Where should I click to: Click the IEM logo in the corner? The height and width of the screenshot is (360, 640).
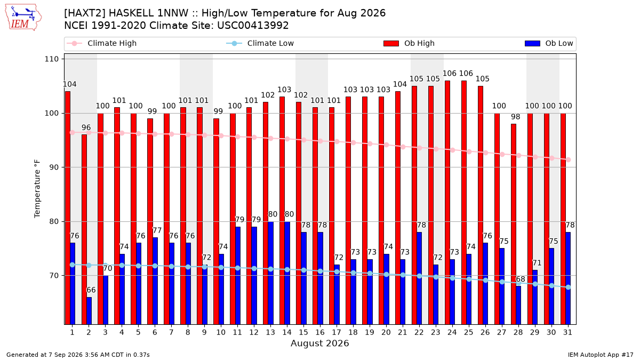pos(23,18)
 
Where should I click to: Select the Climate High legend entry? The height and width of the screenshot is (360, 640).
pos(101,43)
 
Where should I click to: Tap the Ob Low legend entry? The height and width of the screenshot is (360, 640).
pos(549,43)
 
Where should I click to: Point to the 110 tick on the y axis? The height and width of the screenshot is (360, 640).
pos(51,59)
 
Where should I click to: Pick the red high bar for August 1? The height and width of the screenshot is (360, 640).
pos(68,207)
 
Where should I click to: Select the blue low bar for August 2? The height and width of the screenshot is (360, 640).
pos(89,311)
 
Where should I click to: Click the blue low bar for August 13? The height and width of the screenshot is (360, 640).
pos(271,273)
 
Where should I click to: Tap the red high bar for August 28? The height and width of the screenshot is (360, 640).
pos(514,224)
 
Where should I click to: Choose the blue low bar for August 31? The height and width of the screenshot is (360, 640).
pos(568,278)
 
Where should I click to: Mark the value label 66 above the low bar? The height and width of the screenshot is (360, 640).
pos(91,290)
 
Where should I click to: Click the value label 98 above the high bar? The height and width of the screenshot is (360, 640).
pos(515,117)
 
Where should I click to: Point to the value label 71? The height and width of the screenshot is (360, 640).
pos(537,263)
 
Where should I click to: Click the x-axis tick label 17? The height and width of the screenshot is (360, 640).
pos(337,332)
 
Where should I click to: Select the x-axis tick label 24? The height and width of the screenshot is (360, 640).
pos(452,332)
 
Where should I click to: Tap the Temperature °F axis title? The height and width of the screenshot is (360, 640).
pos(37,189)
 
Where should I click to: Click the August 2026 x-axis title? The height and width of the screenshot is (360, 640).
pos(319,343)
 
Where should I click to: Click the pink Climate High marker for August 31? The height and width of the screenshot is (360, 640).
pos(569,159)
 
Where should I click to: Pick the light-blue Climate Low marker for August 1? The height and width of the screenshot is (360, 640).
pos(73,265)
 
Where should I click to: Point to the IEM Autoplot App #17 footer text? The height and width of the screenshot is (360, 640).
pos(601,355)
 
